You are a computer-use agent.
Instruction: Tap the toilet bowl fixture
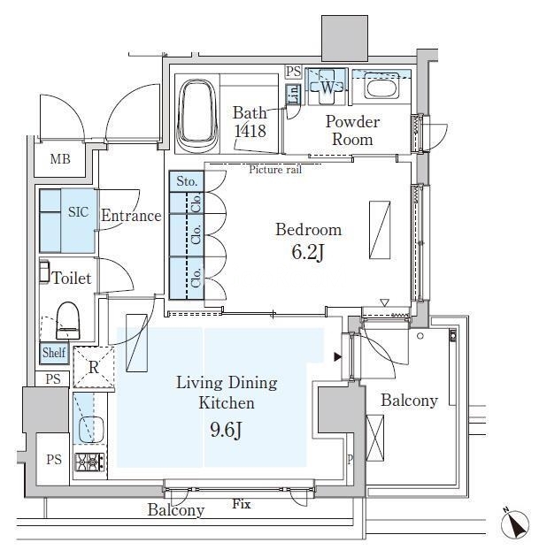point(68,321)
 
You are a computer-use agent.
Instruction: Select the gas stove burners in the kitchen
point(89,462)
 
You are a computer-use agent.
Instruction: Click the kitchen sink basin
point(91,430)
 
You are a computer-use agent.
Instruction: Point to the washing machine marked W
point(327,87)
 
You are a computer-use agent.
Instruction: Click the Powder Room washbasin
point(381,86)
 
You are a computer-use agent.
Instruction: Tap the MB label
point(60,159)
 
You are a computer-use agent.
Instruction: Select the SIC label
point(78,212)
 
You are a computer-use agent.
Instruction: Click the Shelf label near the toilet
point(54,352)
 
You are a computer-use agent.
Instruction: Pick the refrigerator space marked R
point(94,367)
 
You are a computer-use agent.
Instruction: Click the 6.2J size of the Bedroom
point(307,251)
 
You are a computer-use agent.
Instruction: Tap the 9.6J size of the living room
point(226,430)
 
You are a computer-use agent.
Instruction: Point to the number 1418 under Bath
point(250,131)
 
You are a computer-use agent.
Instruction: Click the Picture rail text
point(275,170)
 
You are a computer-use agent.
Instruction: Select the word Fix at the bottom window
point(242,504)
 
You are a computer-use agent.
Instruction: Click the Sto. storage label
point(187,181)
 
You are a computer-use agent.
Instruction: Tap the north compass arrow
point(515,523)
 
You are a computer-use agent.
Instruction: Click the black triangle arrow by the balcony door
point(338,357)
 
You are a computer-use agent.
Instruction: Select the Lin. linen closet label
point(294,95)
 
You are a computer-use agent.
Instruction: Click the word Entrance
point(131,216)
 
